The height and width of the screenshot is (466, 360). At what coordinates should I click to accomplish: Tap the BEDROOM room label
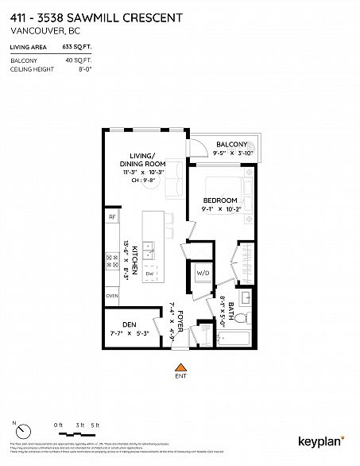pyautogui.click(x=219, y=200)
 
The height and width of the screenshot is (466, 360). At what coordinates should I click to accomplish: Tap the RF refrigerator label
pyautogui.click(x=112, y=216)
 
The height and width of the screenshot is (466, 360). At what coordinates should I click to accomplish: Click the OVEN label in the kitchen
pyautogui.click(x=112, y=296)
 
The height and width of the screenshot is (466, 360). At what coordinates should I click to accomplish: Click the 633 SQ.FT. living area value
pyautogui.click(x=76, y=49)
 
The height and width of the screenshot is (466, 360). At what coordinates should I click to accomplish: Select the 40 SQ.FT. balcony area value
pyautogui.click(x=78, y=60)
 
